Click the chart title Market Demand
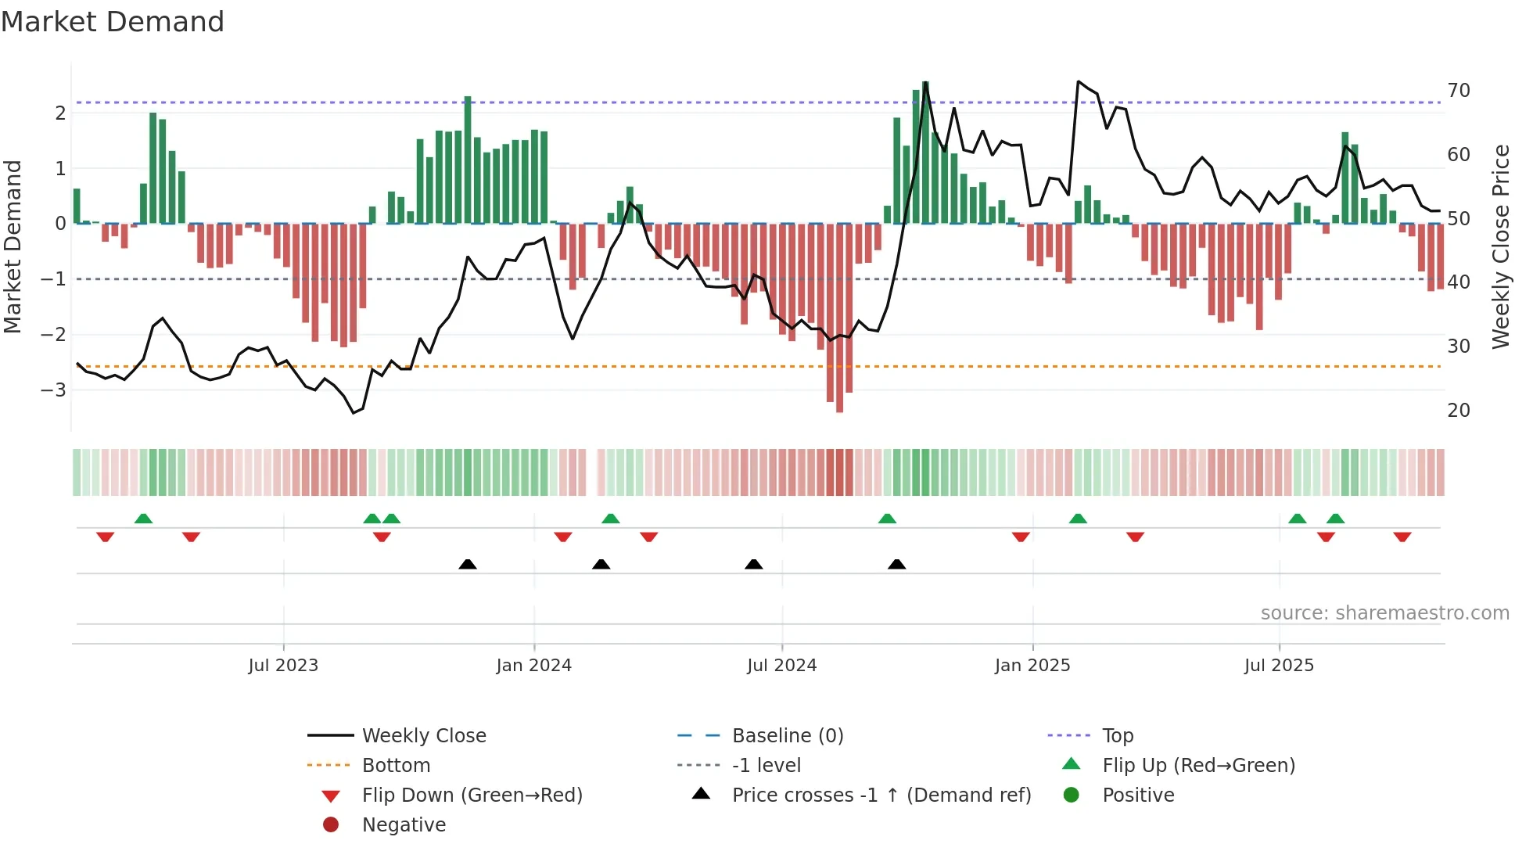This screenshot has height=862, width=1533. pyautogui.click(x=113, y=22)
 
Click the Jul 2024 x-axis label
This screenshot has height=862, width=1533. pyautogui.click(x=781, y=666)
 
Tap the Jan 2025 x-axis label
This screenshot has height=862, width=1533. pyautogui.click(x=1032, y=666)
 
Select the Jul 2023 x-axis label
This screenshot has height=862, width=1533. pyautogui.click(x=283, y=666)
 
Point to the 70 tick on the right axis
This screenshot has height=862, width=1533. pyautogui.click(x=1458, y=91)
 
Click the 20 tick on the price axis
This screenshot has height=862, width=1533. pyautogui.click(x=1458, y=411)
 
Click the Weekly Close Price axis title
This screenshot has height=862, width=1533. pyautogui.click(x=1500, y=246)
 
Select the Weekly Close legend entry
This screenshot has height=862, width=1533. pyautogui.click(x=423, y=736)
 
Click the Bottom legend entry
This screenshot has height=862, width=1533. pyautogui.click(x=396, y=766)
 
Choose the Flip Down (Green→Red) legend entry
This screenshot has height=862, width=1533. pyautogui.click(x=472, y=796)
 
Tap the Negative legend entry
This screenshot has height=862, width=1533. pyautogui.click(x=404, y=825)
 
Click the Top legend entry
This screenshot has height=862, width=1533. pyautogui.click(x=1117, y=736)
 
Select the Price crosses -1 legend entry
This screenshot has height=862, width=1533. pyautogui.click(x=881, y=796)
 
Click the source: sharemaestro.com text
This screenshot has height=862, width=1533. pyautogui.click(x=1384, y=613)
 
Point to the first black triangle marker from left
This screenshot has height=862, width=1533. pyautogui.click(x=468, y=564)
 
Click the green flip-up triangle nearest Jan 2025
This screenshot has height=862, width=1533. pyautogui.click(x=1078, y=519)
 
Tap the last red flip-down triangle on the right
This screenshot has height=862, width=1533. pyautogui.click(x=1402, y=537)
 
